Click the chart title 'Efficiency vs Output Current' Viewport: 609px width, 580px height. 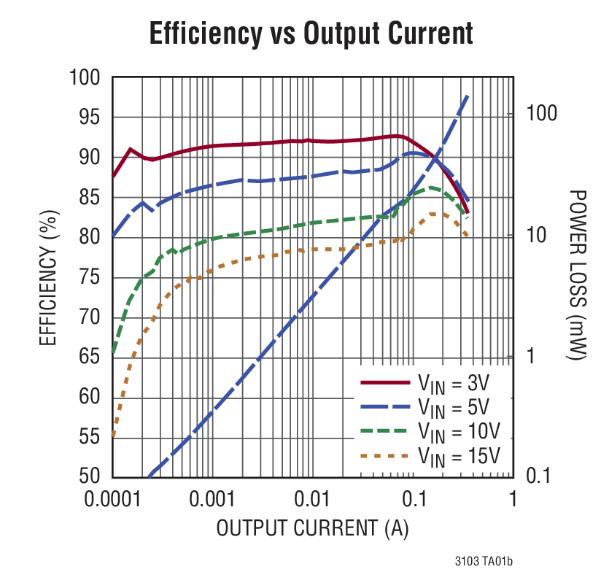(311, 34)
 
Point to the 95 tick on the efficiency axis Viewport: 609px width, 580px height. (86, 117)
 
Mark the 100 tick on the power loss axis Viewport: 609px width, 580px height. (542, 113)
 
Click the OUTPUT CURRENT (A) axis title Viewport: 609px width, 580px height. (312, 527)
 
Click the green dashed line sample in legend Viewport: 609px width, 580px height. (385, 431)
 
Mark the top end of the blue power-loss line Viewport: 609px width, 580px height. (467, 96)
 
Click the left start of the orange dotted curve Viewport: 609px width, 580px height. (113, 436)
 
